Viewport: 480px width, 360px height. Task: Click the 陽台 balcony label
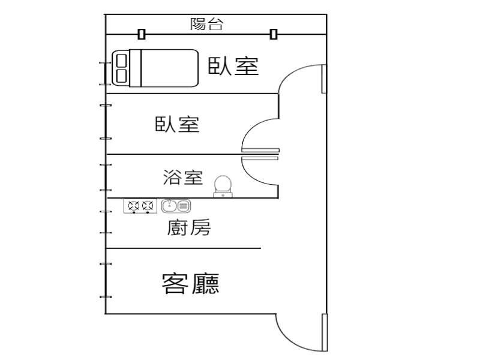click(x=207, y=24)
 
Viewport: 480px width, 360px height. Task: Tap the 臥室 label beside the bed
click(x=233, y=66)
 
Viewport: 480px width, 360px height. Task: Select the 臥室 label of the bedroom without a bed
click(x=177, y=124)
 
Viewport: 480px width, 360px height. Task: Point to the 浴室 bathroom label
click(x=183, y=178)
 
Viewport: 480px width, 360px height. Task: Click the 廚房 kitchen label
click(x=189, y=227)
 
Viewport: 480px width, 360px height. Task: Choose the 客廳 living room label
click(x=190, y=283)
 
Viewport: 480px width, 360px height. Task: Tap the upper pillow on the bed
click(x=121, y=61)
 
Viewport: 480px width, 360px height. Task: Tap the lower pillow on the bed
click(x=121, y=76)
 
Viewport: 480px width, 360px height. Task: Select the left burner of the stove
click(x=133, y=206)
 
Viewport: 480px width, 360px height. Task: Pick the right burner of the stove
click(x=148, y=206)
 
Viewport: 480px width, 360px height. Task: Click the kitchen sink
click(x=176, y=206)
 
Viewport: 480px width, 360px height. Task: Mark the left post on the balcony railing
click(x=142, y=34)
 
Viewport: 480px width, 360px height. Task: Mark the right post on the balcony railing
click(x=274, y=34)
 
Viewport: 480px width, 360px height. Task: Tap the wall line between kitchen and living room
click(x=183, y=248)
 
